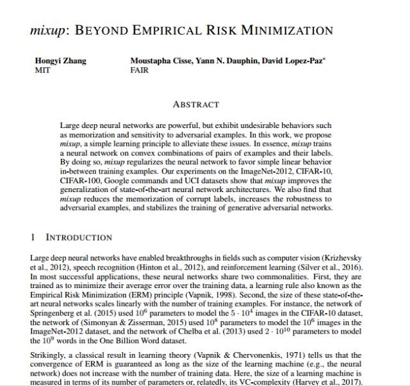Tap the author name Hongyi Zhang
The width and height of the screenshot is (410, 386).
tap(60, 61)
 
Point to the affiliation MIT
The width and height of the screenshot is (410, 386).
tap(42, 70)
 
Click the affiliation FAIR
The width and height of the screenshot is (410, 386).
tap(140, 70)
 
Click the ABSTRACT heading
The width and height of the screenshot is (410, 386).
tap(196, 104)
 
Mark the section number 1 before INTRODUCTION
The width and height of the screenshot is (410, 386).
tap(33, 237)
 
